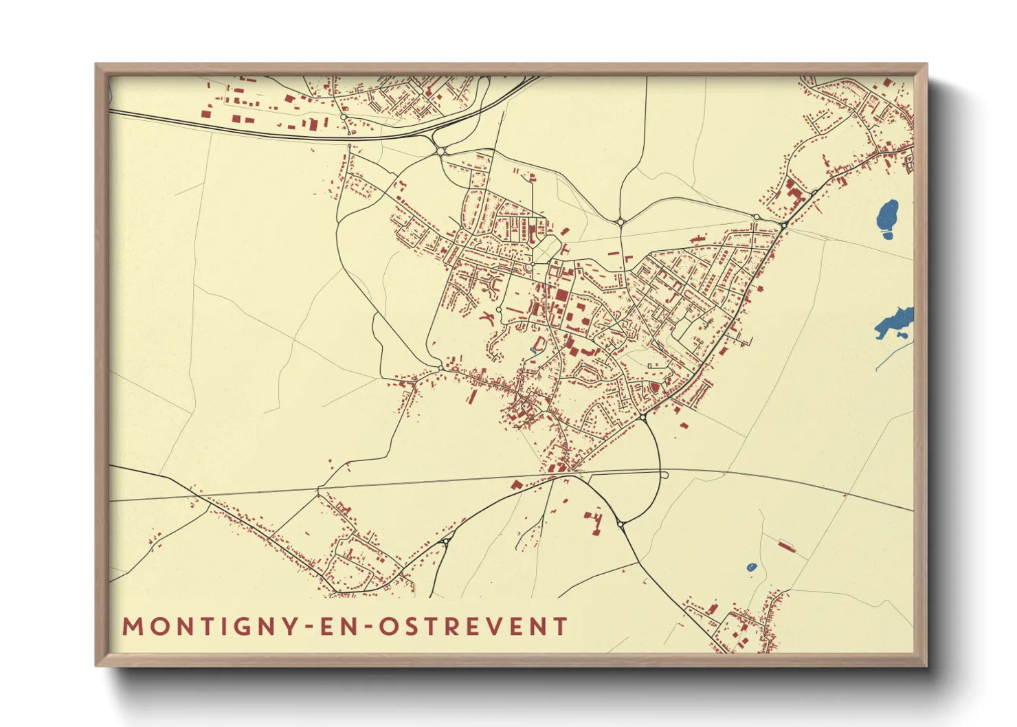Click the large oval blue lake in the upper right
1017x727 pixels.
point(887,219)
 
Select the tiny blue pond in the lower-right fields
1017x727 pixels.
point(751,568)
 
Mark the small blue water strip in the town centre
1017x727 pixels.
point(533,352)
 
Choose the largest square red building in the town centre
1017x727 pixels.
point(561,297)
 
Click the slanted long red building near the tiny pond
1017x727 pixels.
point(786,546)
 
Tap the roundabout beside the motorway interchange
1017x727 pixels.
point(440,150)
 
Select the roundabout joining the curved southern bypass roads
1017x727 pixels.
point(621,524)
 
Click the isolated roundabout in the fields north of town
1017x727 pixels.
point(621,221)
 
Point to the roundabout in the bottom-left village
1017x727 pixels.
point(445,542)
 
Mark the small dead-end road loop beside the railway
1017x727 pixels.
point(664,475)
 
